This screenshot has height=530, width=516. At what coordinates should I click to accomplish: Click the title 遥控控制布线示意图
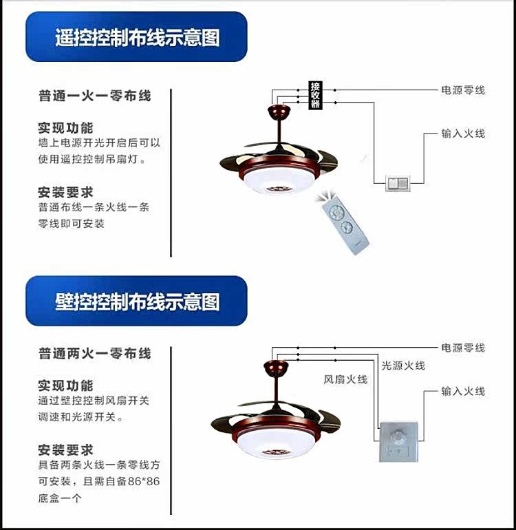click(x=137, y=37)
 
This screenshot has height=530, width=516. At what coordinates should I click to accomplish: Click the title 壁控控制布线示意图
click(x=137, y=301)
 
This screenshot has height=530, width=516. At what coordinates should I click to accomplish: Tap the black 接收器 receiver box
click(x=316, y=96)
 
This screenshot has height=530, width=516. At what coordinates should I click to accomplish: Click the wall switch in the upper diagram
click(x=397, y=182)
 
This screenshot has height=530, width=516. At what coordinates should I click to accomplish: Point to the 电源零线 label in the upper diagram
click(x=463, y=90)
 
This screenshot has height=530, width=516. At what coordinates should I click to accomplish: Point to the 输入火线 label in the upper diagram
click(x=463, y=134)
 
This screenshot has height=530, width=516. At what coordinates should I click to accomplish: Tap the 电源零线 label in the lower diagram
click(x=463, y=348)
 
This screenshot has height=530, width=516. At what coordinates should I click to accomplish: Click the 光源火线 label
click(x=403, y=365)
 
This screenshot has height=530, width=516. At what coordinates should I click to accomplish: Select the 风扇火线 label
click(x=345, y=379)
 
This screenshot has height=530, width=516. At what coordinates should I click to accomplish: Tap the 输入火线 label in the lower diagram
click(x=463, y=391)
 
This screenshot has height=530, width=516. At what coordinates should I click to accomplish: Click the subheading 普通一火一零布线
click(x=94, y=96)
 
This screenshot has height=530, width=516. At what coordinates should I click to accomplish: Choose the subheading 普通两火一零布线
click(x=94, y=354)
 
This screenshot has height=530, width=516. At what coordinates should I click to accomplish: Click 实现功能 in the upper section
click(x=65, y=128)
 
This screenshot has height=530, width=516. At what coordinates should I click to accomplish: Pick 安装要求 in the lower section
click(x=65, y=450)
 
